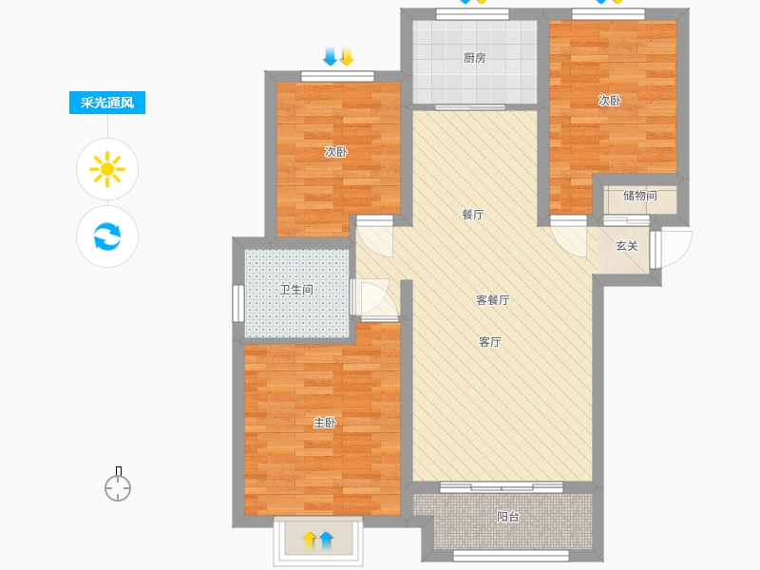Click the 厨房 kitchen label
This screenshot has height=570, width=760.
474,58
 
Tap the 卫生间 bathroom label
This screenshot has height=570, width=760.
296,290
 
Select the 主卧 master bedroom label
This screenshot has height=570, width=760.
325,423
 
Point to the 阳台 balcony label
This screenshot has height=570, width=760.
508,517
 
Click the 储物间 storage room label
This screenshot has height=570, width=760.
640,196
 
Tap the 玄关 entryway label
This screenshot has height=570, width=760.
627,246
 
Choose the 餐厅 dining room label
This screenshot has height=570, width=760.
473,215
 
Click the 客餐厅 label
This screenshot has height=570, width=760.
492,300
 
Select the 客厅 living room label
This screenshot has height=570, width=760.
490,342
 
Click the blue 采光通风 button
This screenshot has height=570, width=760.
107,103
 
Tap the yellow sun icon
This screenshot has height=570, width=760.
107,169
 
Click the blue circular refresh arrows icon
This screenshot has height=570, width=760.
107,236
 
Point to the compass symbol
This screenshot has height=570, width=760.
118,484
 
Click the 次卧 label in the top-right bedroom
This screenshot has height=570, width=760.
609,101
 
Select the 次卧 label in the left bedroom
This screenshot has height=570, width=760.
336,152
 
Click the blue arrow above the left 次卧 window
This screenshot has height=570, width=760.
330,56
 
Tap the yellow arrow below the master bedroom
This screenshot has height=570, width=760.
310,540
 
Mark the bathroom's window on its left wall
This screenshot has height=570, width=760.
238,303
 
